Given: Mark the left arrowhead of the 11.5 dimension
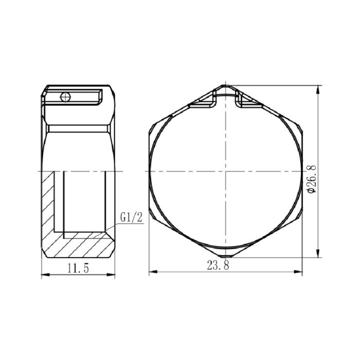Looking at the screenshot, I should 44,275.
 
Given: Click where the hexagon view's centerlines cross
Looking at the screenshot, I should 225,171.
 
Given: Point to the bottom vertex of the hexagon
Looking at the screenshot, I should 225,256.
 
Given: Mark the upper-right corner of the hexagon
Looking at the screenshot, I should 300,129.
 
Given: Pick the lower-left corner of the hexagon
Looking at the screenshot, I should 150,213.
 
